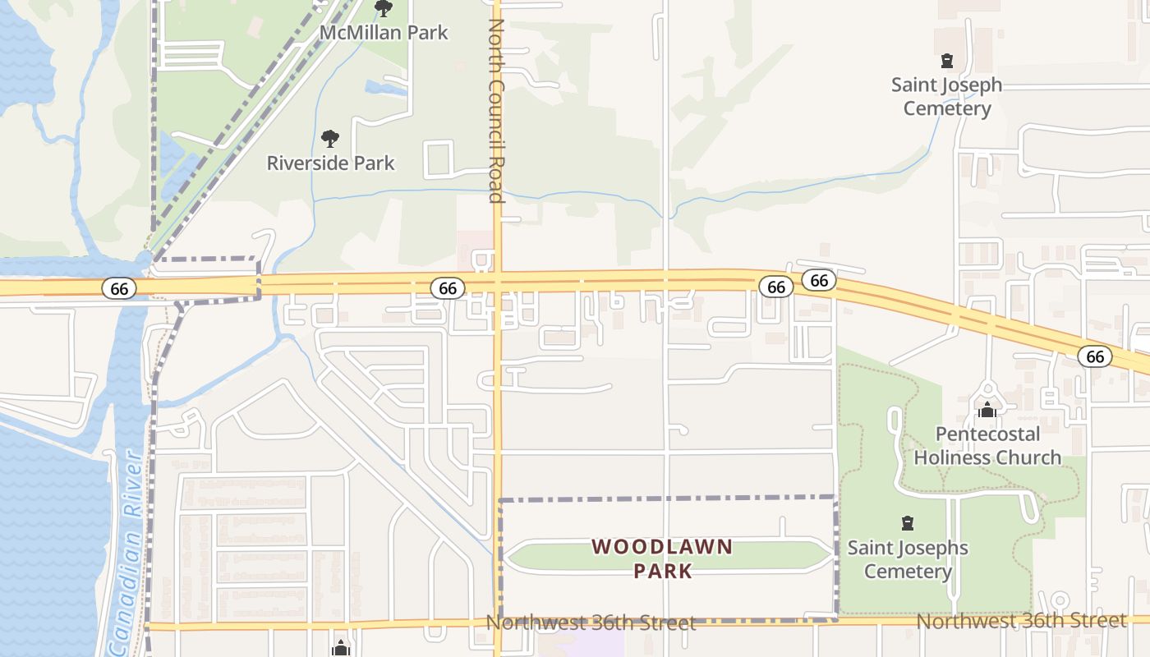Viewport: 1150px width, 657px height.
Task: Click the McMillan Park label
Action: tap(384, 33)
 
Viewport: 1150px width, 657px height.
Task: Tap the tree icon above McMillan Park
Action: tap(383, 9)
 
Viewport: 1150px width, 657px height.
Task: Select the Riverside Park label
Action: tap(330, 163)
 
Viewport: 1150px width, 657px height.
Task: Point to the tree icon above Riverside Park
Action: tap(330, 139)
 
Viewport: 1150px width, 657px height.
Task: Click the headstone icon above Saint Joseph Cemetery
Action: tap(947, 61)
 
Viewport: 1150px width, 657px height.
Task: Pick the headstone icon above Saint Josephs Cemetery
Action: tap(908, 523)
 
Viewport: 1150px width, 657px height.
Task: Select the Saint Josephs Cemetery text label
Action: tap(908, 559)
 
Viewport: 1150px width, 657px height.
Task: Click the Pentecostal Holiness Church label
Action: tap(987, 445)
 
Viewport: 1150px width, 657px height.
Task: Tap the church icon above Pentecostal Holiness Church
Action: tap(987, 409)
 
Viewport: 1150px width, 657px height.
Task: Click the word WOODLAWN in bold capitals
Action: tap(661, 547)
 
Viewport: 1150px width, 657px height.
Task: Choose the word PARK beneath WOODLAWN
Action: tap(662, 571)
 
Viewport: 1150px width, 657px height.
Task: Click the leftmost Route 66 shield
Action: tap(120, 288)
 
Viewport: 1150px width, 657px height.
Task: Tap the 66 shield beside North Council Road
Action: tap(448, 288)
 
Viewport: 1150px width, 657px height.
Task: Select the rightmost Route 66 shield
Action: tap(1095, 356)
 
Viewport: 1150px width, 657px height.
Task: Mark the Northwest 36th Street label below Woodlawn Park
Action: tap(591, 623)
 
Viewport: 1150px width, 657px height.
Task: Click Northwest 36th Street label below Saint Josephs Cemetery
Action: tap(1021, 621)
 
